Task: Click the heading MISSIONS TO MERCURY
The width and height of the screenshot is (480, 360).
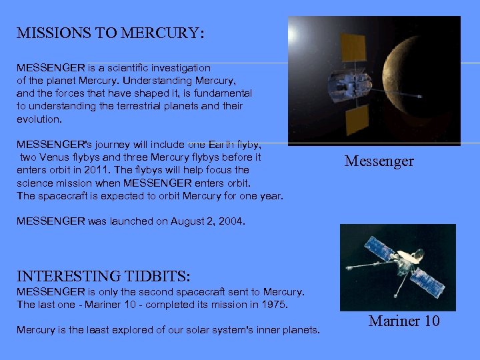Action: [x=110, y=33]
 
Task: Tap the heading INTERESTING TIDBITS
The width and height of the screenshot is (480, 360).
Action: [x=103, y=276]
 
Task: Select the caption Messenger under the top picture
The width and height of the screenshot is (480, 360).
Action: [x=379, y=161]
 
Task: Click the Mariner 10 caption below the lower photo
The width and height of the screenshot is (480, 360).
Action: [x=404, y=321]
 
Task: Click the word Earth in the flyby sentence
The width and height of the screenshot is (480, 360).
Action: [x=222, y=145]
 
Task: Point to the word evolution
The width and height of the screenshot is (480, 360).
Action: [x=39, y=119]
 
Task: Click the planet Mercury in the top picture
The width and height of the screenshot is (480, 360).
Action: [x=433, y=80]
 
